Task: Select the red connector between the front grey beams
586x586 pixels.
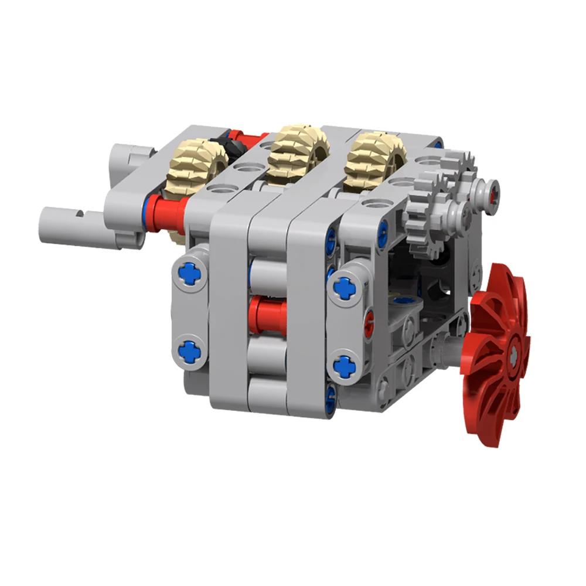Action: (x=267, y=314)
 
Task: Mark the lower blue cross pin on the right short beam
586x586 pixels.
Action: (x=344, y=366)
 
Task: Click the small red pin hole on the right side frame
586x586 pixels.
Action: (x=368, y=322)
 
